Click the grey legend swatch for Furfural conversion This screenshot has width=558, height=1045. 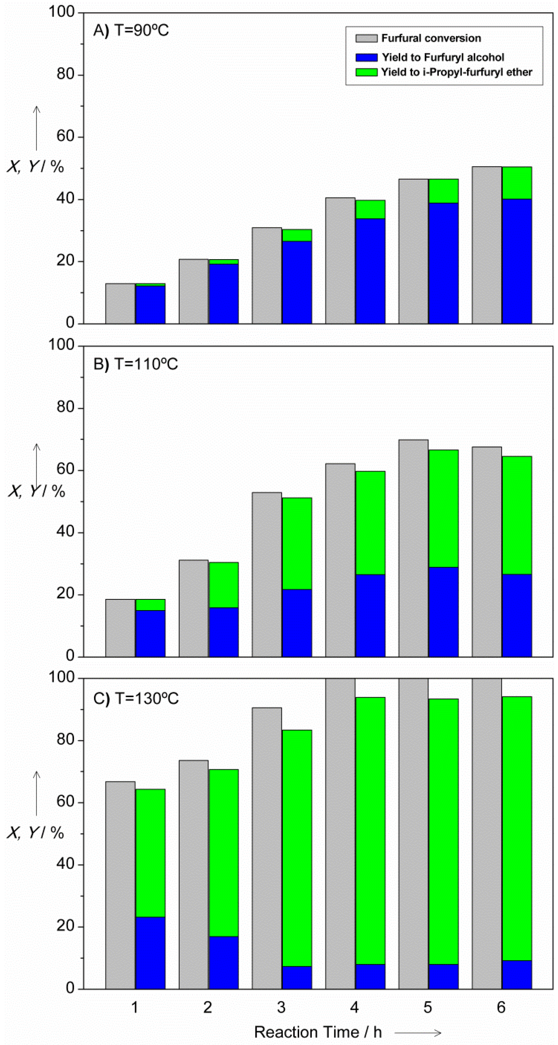366,38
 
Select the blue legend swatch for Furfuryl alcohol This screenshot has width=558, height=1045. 366,57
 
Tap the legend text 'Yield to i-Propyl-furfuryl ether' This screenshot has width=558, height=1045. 456,72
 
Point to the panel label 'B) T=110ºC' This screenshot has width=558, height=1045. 135,364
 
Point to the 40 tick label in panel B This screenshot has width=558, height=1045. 65,532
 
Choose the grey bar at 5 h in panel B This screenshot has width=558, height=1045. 413,548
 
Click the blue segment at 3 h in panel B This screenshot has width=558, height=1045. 297,623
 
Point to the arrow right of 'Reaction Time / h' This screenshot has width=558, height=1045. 418,1032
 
